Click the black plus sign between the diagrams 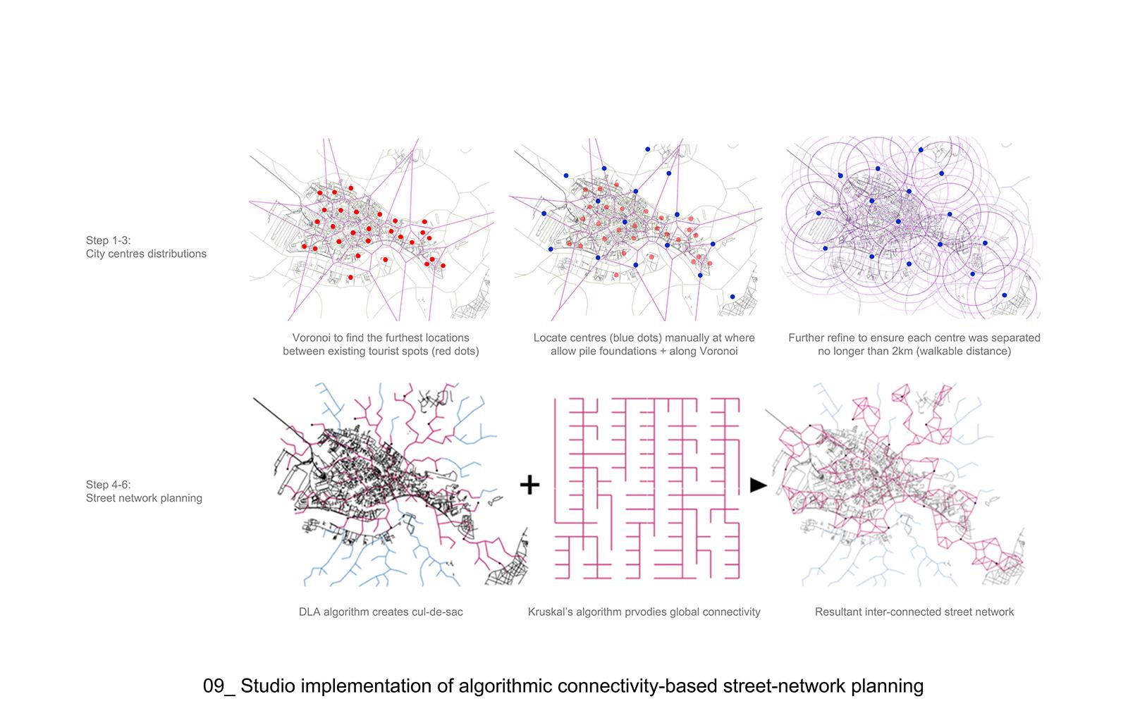coord(529,485)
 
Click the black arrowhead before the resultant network coord(758,485)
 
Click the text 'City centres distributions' coord(147,254)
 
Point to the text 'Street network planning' coord(144,498)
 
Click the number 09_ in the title coord(219,686)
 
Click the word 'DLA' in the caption coord(309,612)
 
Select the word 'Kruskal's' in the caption coord(553,612)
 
